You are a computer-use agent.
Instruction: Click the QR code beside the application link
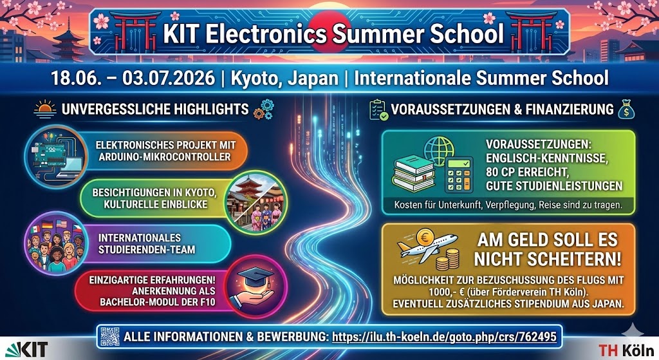pos(110,336)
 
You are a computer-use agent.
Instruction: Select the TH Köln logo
pos(626,350)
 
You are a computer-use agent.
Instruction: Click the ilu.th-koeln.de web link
pos(444,337)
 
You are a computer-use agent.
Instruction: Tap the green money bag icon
pos(626,109)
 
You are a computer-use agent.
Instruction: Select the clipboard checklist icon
pos(378,109)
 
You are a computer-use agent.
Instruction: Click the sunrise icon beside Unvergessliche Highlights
pos(45,108)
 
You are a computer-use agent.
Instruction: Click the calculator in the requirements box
pos(459,175)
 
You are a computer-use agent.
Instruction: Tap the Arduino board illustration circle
pos(56,156)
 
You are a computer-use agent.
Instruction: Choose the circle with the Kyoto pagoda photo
pos(255,202)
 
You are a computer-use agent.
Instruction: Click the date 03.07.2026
pos(169,78)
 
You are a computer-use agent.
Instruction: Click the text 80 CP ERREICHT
pos(527,172)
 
